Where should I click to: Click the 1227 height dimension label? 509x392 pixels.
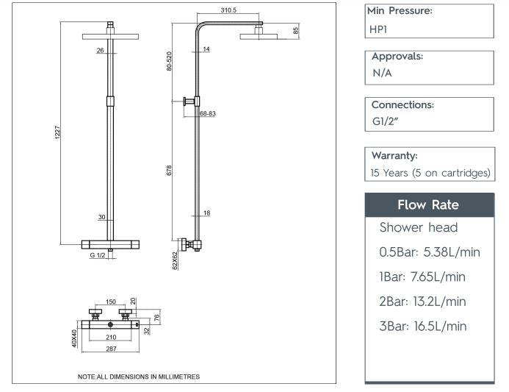point(58,135)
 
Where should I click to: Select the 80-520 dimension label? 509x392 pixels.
point(170,61)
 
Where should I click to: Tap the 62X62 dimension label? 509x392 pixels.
point(175,260)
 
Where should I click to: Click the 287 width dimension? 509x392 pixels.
point(110,349)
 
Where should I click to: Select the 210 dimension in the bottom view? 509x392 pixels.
point(110,338)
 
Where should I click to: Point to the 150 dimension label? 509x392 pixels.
point(110,302)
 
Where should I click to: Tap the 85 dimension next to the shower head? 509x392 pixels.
point(295,31)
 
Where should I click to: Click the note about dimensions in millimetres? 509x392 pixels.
point(138,377)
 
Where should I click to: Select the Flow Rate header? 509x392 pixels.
point(428,204)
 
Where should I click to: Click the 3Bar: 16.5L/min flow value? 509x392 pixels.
point(422,326)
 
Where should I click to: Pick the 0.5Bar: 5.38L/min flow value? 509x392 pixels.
point(429,252)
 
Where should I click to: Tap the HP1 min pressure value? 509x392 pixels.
point(380,29)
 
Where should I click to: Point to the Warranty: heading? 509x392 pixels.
point(394,155)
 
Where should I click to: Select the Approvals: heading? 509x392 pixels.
point(397,56)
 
